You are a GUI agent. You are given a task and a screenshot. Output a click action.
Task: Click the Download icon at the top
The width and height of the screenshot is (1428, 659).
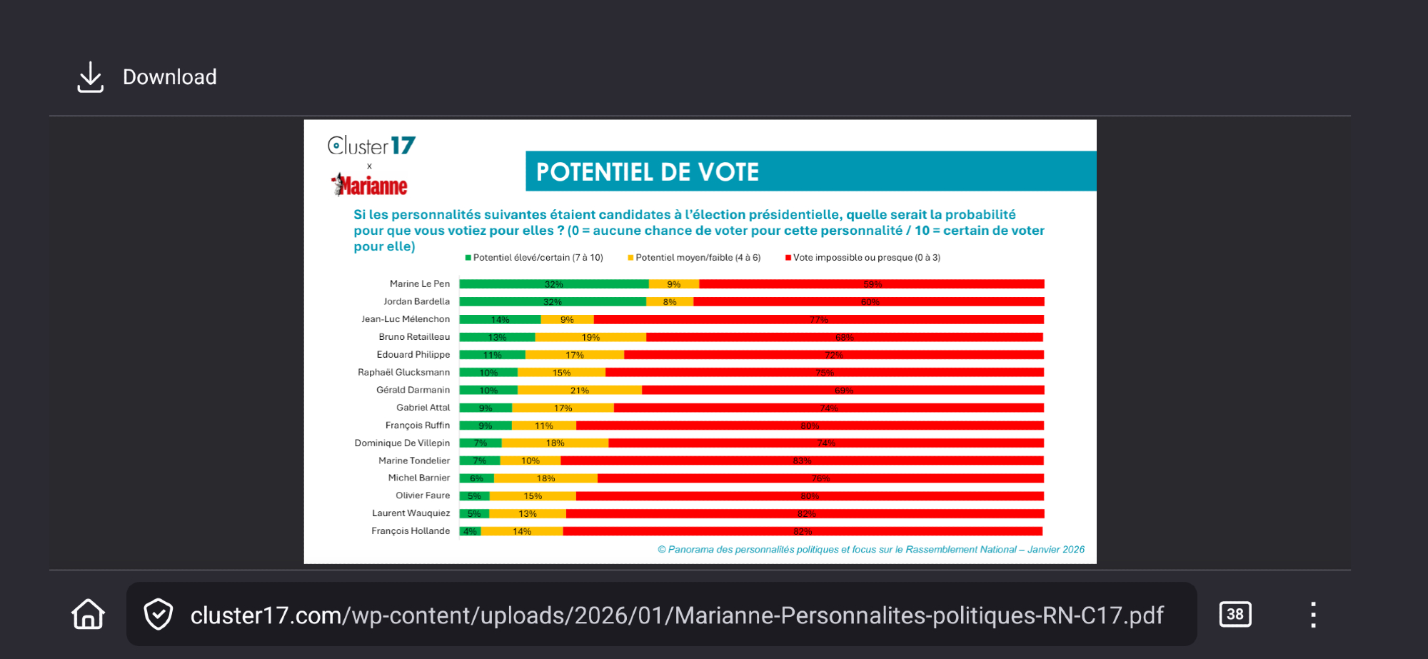[91, 77]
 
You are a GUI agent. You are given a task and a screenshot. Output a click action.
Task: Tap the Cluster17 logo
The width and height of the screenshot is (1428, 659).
[371, 146]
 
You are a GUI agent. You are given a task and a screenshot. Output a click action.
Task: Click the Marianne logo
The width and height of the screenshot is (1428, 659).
[369, 186]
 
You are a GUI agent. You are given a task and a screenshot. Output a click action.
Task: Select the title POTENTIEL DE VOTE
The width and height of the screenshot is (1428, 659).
[647, 172]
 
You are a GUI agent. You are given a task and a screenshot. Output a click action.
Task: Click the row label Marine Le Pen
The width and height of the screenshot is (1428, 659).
[419, 284]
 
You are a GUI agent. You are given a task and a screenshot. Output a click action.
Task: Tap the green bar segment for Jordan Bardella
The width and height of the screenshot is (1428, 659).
[553, 302]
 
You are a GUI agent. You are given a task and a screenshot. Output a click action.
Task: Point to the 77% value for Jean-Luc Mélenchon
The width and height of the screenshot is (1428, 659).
[819, 320]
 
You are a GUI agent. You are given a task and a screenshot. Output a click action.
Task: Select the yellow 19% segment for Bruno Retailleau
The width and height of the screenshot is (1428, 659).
[590, 338]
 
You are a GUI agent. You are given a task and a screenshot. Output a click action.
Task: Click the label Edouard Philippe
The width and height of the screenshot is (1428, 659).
[413, 355]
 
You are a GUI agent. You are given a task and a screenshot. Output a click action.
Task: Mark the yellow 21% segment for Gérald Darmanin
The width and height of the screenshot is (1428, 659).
[579, 391]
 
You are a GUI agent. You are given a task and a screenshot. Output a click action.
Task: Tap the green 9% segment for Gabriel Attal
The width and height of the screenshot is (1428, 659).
[486, 408]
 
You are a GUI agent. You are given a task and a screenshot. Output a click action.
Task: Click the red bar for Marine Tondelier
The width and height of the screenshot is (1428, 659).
[802, 461]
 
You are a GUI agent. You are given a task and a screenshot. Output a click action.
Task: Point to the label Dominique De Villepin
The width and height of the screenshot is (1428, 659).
[402, 443]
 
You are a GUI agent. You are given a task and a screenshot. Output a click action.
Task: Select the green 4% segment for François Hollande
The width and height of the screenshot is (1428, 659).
[470, 531]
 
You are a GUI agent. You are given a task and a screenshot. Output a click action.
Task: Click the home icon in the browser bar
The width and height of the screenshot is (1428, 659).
[88, 614]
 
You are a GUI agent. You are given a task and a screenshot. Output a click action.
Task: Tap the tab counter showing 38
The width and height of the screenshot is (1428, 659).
[1235, 614]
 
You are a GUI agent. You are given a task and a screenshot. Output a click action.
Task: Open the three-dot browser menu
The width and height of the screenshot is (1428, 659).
[1313, 614]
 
